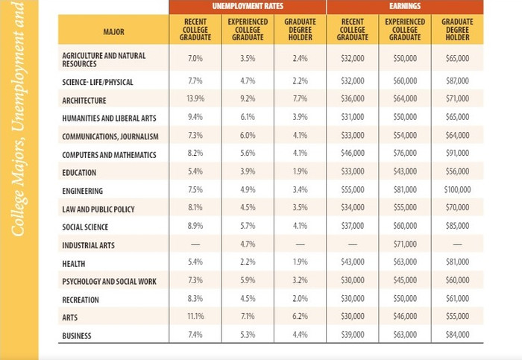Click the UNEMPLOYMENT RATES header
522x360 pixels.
(x=248, y=7)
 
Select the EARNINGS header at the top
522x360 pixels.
(x=405, y=7)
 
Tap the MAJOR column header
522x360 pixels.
(x=114, y=33)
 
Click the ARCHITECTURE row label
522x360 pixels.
(x=84, y=101)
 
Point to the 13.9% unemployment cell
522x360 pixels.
(x=195, y=100)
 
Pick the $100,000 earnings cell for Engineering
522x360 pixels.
(x=457, y=191)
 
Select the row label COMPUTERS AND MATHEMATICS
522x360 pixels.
(x=110, y=155)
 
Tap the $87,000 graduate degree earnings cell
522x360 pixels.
(x=457, y=81)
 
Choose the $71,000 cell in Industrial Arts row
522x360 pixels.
(x=405, y=245)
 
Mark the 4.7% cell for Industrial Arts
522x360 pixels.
(x=248, y=245)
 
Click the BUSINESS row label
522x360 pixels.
(x=77, y=336)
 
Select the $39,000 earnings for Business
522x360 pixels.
(x=353, y=335)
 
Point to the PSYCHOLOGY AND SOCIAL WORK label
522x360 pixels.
(x=110, y=282)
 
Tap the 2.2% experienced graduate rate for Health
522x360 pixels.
(x=248, y=263)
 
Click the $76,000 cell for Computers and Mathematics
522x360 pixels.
(x=405, y=154)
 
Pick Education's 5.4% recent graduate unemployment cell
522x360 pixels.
(x=195, y=173)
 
